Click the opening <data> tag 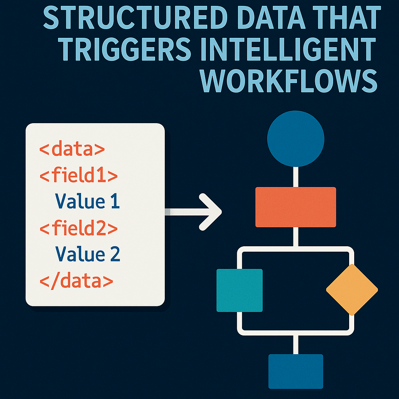pyautogui.click(x=72, y=149)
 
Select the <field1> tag pyautogui.click(x=78, y=176)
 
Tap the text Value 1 pyautogui.click(x=87, y=201)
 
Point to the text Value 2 pyautogui.click(x=87, y=254)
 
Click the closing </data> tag pyautogui.click(x=76, y=280)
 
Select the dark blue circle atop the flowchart pyautogui.click(x=296, y=139)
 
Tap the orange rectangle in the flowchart pyautogui.click(x=296, y=207)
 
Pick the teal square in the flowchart pyautogui.click(x=240, y=290)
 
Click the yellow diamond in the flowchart pyautogui.click(x=352, y=290)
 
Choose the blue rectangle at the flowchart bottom pyautogui.click(x=296, y=371)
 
